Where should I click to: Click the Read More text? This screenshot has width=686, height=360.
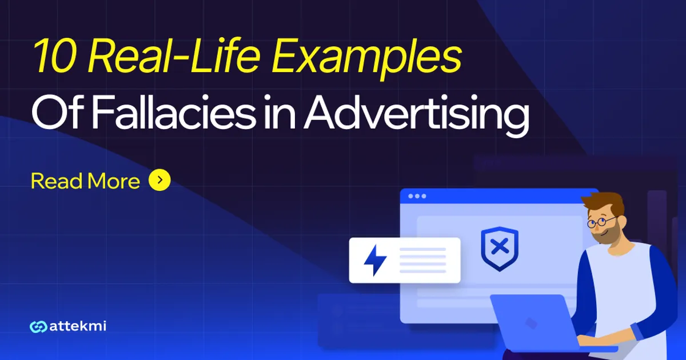click(85, 181)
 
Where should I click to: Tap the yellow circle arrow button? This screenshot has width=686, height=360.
click(159, 181)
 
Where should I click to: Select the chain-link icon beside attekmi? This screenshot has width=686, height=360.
click(38, 327)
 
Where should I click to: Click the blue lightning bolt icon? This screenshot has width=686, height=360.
click(375, 261)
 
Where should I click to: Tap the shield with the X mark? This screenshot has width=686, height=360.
click(499, 248)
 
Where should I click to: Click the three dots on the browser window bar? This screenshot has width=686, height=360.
click(417, 196)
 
